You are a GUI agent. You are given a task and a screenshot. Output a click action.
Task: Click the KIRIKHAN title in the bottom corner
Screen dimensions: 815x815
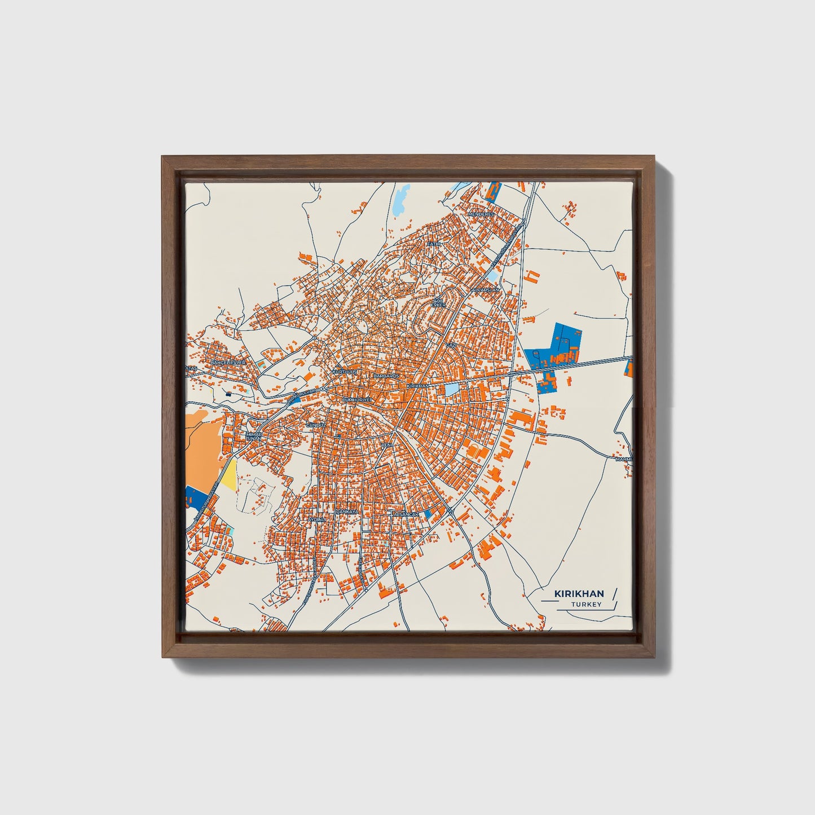[x=579, y=594]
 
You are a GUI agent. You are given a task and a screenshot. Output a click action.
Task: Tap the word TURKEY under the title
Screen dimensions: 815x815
[x=586, y=605]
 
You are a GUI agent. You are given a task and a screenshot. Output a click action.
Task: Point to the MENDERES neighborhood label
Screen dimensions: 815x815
[x=481, y=214]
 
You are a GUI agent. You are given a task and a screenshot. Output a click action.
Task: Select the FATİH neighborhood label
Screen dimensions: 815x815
[x=433, y=244]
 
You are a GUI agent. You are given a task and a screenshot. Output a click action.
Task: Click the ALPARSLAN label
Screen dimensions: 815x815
[x=486, y=290]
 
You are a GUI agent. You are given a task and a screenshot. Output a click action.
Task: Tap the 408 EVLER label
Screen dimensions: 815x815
[x=438, y=303]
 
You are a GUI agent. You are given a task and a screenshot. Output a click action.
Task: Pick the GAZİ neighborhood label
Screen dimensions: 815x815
[x=451, y=344]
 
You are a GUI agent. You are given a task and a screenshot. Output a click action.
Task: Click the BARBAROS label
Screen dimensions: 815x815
[x=386, y=376]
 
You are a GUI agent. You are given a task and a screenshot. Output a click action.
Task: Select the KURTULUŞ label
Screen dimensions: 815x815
[x=345, y=372]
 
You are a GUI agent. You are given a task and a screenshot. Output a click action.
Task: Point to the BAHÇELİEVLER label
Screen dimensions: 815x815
[x=228, y=362]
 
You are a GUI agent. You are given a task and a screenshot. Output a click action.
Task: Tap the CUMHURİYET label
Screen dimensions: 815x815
[x=358, y=399]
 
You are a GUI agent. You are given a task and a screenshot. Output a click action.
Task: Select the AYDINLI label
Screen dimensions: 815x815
[x=317, y=518]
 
